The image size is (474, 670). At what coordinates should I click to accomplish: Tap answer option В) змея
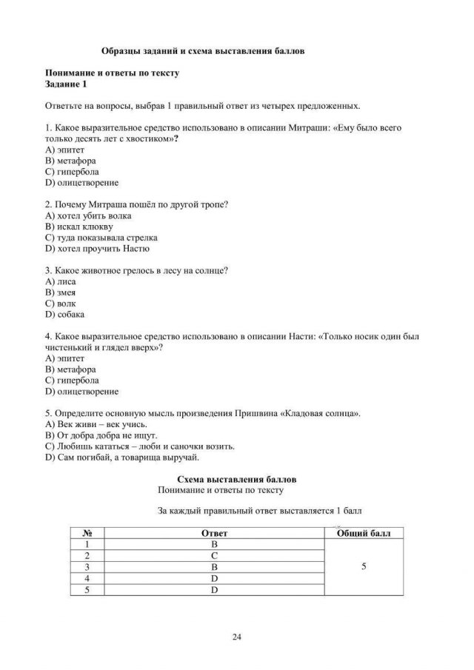[x=59, y=292]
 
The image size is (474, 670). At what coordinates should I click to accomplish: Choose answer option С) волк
[x=60, y=304]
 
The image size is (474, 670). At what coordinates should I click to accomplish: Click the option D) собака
[x=65, y=315]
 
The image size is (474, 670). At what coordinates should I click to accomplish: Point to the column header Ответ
[x=213, y=532]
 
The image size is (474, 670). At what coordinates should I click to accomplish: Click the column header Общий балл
[x=363, y=532]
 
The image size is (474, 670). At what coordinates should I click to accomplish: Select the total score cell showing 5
[x=363, y=566]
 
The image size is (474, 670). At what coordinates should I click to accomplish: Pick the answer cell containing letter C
[x=213, y=555]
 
